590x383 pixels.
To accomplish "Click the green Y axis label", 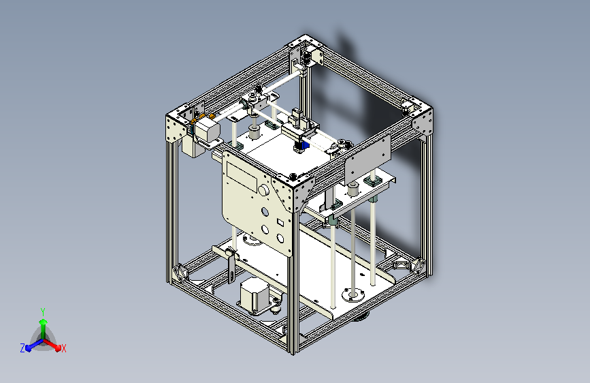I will click(x=42, y=311).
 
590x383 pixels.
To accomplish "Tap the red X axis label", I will click(x=63, y=348).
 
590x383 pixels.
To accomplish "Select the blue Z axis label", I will click(x=22, y=348).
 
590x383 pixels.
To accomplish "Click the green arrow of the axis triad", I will click(x=43, y=323).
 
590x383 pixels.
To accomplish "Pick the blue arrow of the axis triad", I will click(x=31, y=345).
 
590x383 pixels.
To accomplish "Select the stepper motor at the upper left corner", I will click(x=207, y=130).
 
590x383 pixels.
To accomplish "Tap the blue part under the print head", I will click(x=304, y=145).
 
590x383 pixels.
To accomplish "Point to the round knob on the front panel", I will click(x=263, y=189).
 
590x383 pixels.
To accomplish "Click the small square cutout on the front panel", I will click(x=279, y=222).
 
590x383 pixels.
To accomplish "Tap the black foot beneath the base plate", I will click(x=360, y=316).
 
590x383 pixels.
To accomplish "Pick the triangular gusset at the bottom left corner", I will click(x=182, y=273).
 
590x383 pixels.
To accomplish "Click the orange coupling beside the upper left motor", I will click(x=193, y=123).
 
